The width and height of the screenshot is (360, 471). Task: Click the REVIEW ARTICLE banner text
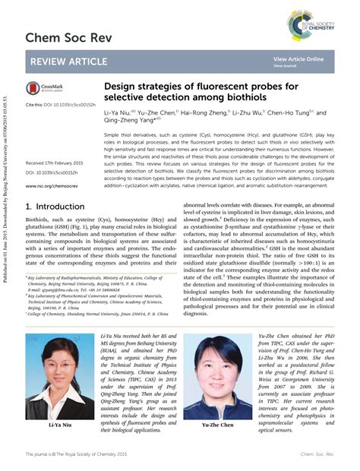[70, 62]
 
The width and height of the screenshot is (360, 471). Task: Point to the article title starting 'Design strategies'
[200, 93]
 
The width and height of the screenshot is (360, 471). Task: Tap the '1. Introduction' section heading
[55, 207]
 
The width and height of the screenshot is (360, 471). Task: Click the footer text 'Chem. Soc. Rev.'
[314, 454]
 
